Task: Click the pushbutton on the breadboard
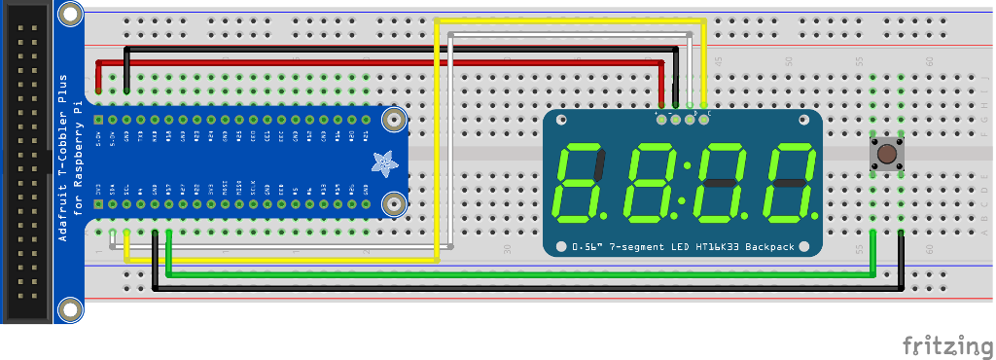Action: pos(886,153)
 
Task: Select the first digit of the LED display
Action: pos(581,182)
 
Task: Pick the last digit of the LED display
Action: pos(789,182)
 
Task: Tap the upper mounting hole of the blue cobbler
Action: pos(393,120)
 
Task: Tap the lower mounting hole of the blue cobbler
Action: pos(393,204)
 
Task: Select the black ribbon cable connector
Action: pos(27,161)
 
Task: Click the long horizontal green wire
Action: pos(516,275)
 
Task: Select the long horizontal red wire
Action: pos(379,62)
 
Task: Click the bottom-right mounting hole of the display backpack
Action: pos(806,246)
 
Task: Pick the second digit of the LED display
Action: pos(650,182)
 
